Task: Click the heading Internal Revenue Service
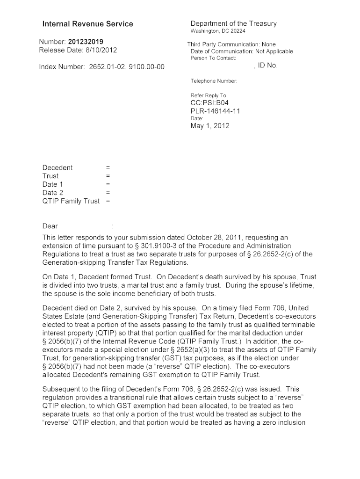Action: point(87,24)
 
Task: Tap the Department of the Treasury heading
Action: point(233,23)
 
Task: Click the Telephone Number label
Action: point(214,81)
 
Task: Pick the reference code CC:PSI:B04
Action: point(209,103)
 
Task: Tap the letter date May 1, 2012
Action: point(210,126)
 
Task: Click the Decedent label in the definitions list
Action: point(58,167)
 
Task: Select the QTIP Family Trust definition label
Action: point(71,201)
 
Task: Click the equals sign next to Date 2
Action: point(108,193)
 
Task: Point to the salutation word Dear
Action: point(50,226)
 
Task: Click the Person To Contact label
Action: point(213,58)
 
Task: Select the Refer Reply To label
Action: point(209,95)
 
